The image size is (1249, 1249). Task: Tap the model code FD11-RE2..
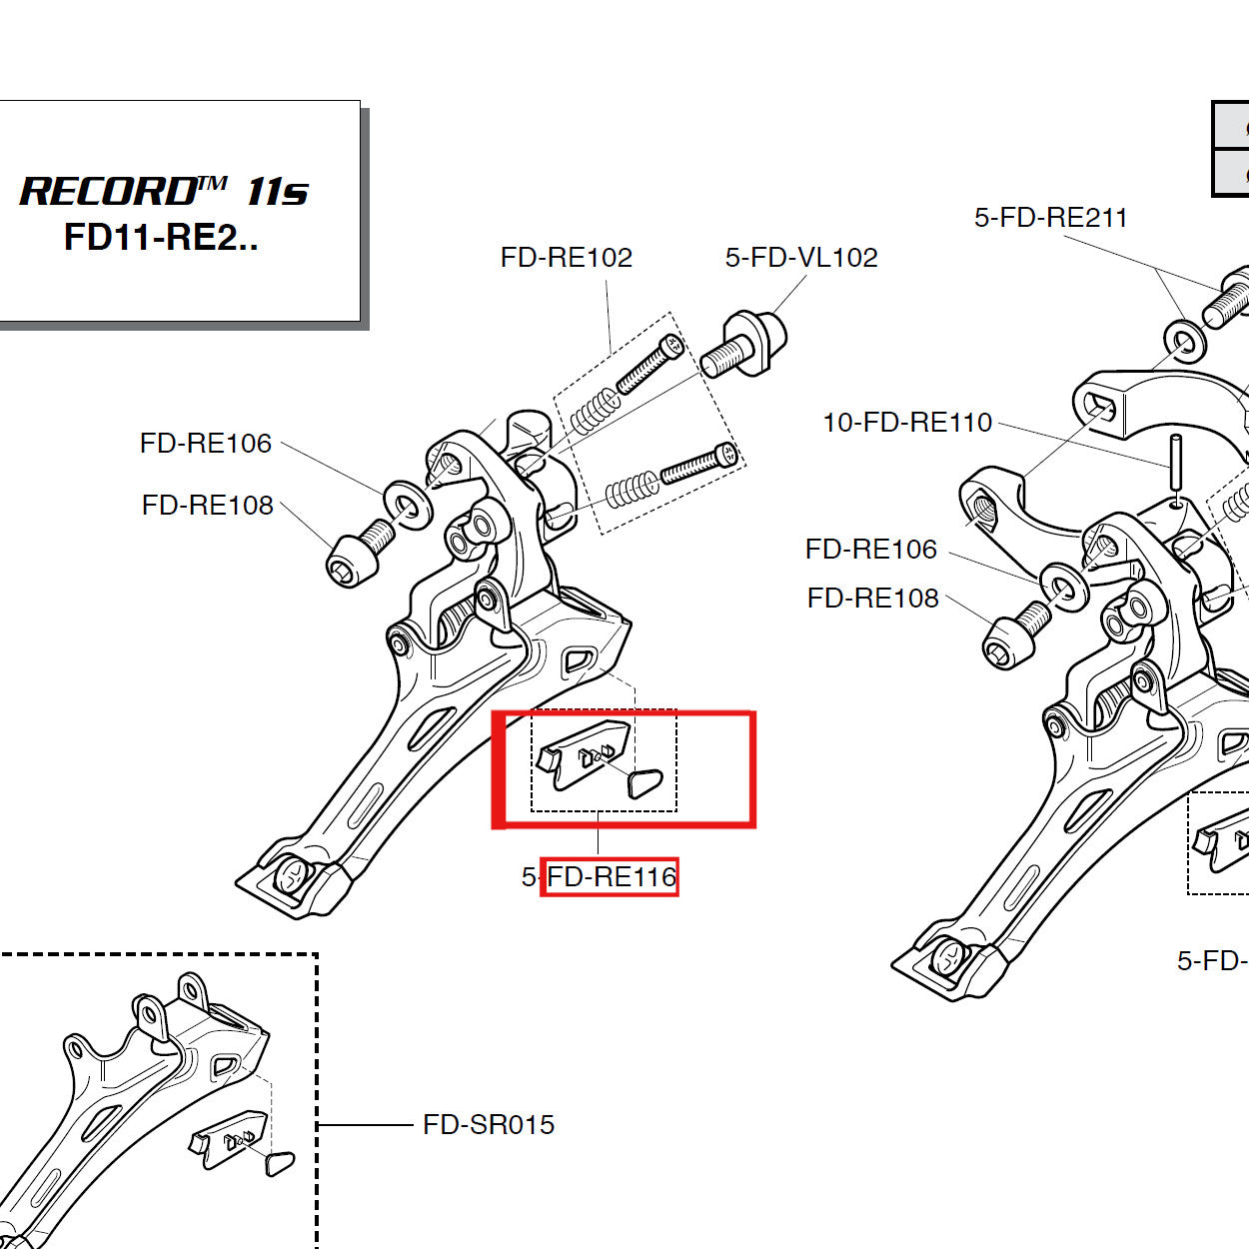click(x=160, y=238)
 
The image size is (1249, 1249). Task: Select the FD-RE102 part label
click(x=566, y=258)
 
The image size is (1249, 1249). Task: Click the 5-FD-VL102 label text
click(x=800, y=258)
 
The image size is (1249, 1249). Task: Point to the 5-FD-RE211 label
click(x=1050, y=218)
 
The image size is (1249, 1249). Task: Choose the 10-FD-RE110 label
click(x=906, y=423)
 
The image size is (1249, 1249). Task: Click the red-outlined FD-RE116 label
click(x=610, y=877)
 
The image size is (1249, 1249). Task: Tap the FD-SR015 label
click(x=488, y=1125)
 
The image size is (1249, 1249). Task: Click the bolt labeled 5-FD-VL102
click(x=743, y=345)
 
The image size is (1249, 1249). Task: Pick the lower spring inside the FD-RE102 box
click(x=631, y=491)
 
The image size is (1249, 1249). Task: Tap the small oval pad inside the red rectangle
click(x=644, y=783)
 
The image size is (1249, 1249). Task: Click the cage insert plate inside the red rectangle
click(x=585, y=755)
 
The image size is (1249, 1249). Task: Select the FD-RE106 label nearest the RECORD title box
click(x=205, y=444)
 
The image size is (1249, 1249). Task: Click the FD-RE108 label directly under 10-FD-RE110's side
click(x=872, y=599)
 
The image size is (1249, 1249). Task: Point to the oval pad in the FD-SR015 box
click(x=280, y=1162)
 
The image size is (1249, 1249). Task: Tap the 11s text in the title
click(x=277, y=191)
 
